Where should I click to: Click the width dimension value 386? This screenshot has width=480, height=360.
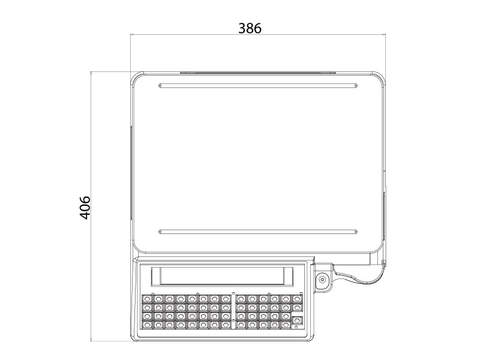pos(250,28)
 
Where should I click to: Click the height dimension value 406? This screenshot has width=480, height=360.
pos(85,207)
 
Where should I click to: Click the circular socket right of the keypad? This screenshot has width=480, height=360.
pos(323,279)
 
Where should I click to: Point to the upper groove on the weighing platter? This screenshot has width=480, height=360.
pos(259,85)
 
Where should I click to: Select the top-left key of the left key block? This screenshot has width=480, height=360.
pos(146,298)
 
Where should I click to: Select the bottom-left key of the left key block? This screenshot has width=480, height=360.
pos(146,325)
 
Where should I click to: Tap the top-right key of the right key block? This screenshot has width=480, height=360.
pos(296,298)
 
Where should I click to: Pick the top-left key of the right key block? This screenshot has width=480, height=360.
pos(241,298)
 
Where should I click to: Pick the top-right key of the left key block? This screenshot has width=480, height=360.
pos(225,298)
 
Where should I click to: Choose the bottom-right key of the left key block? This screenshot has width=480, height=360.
pos(225,325)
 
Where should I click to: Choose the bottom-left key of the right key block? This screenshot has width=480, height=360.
pos(241,325)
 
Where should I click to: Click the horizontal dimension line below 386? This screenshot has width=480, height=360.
pos(259,36)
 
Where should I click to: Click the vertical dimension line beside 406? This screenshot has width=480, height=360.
pos(91,150)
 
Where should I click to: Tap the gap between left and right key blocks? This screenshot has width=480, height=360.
pos(233,311)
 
